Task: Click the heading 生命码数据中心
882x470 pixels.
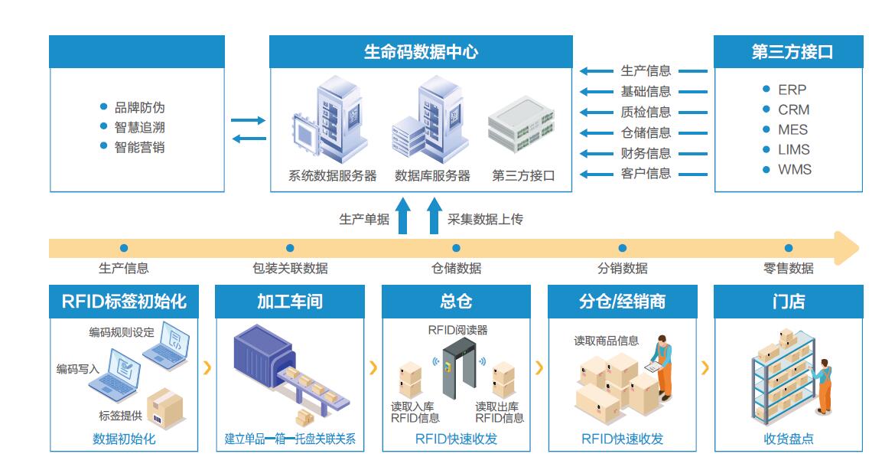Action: [421, 52]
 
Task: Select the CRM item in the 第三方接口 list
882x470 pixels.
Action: [793, 109]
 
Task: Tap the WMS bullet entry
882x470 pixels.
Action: [794, 169]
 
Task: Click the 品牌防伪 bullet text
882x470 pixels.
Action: [139, 107]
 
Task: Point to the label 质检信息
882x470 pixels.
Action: [646, 112]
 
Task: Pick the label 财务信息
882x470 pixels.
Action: [646, 153]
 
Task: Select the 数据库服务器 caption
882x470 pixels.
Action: [432, 175]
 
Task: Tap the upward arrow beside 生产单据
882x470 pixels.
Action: [402, 217]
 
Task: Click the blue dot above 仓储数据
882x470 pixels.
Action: [456, 248]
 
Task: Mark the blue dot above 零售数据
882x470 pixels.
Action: [789, 248]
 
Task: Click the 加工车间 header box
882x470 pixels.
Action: [289, 302]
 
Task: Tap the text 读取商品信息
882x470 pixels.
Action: [606, 341]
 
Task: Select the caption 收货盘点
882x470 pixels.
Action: [789, 439]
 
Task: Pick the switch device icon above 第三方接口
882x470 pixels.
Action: [521, 126]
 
